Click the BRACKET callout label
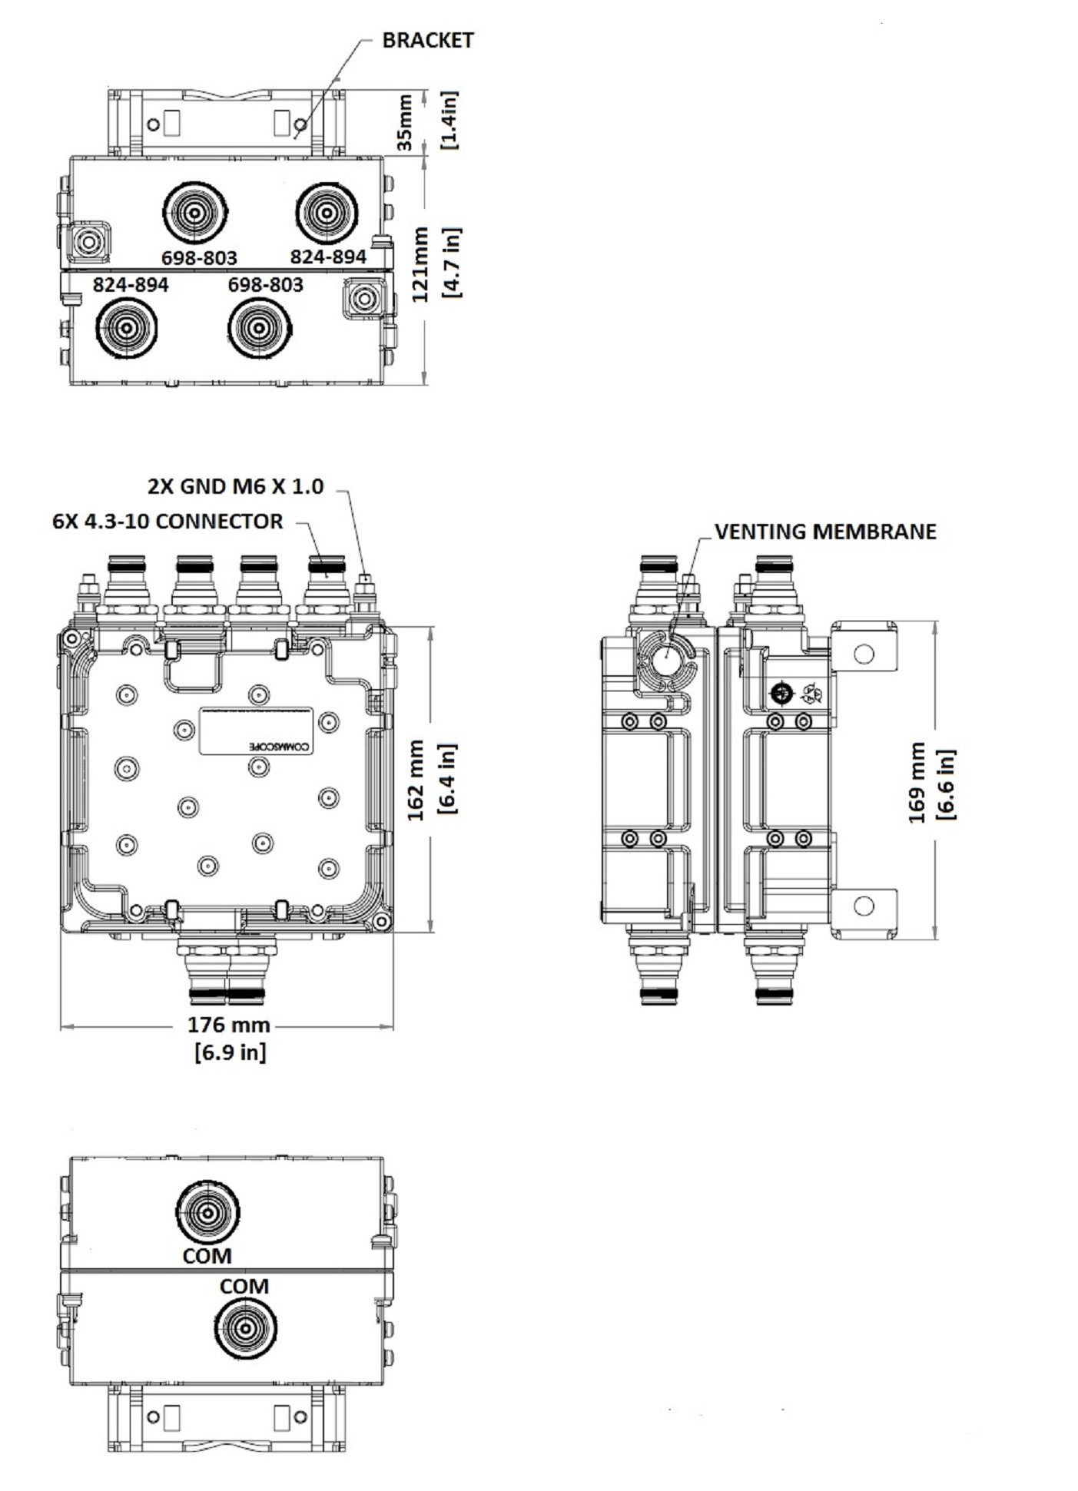[427, 41]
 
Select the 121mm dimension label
[420, 264]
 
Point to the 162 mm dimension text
[416, 780]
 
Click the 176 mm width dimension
[229, 1025]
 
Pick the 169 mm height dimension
[917, 782]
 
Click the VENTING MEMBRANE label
[825, 532]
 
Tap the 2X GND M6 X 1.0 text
[235, 486]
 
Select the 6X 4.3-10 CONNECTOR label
[168, 522]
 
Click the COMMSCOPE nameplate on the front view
[257, 731]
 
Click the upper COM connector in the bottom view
[207, 1212]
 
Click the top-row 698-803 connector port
[195, 213]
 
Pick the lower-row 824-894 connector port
[126, 328]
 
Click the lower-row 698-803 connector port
[260, 328]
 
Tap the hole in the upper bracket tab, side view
[864, 653]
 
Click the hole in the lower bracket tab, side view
[864, 906]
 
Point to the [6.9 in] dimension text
[231, 1052]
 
